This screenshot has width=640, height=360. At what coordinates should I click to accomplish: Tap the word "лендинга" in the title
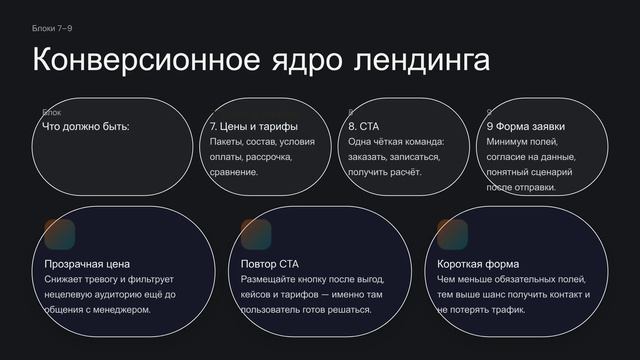click(422, 60)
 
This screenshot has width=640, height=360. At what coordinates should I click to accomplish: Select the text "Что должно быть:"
click(86, 127)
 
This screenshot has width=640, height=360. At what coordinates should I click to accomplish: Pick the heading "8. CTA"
click(365, 127)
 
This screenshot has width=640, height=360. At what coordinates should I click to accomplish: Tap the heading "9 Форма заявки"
click(526, 127)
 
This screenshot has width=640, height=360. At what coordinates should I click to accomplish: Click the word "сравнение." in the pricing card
click(234, 172)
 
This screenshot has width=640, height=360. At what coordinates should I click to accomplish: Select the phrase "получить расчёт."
click(385, 172)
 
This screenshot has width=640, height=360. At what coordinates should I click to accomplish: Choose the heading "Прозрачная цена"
click(87, 264)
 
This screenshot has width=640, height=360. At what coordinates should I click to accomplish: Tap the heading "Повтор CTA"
click(270, 264)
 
